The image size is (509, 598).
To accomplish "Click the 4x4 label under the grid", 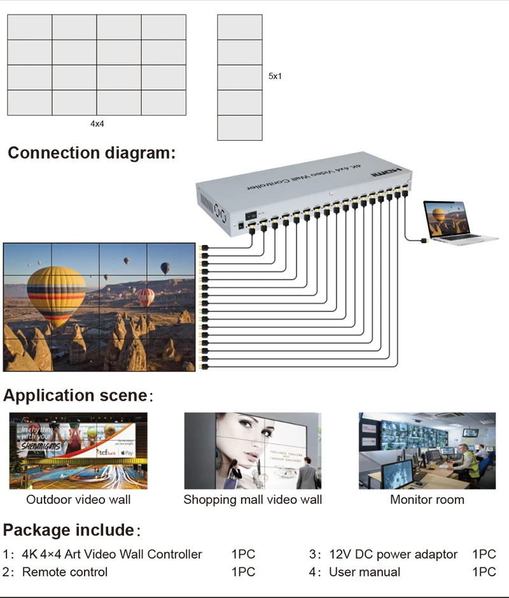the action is point(97,124).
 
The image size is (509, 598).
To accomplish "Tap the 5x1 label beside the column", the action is point(275,76).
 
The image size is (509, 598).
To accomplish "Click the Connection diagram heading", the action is point(92,153).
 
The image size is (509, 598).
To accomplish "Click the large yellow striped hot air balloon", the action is point(56,294).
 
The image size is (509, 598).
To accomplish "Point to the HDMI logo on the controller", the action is point(387,172).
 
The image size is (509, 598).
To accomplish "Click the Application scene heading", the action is point(76,395).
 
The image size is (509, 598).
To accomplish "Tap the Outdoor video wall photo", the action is point(78,450).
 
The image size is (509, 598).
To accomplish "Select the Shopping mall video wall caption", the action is point(253,499).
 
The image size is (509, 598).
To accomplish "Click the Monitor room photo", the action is point(427,450).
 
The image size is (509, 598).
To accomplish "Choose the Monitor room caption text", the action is point(427,499).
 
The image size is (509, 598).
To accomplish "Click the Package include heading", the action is point(69,530).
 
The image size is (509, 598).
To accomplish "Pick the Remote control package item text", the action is point(65,572).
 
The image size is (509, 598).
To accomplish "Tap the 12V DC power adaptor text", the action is point(393,554).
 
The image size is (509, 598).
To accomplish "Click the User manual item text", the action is point(365,572).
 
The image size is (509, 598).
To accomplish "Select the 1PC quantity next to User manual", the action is point(484,572).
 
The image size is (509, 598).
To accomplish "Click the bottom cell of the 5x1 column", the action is point(240,127).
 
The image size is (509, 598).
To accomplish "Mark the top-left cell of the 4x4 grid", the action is point(30,27).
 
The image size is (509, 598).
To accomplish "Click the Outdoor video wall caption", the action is point(78,499).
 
